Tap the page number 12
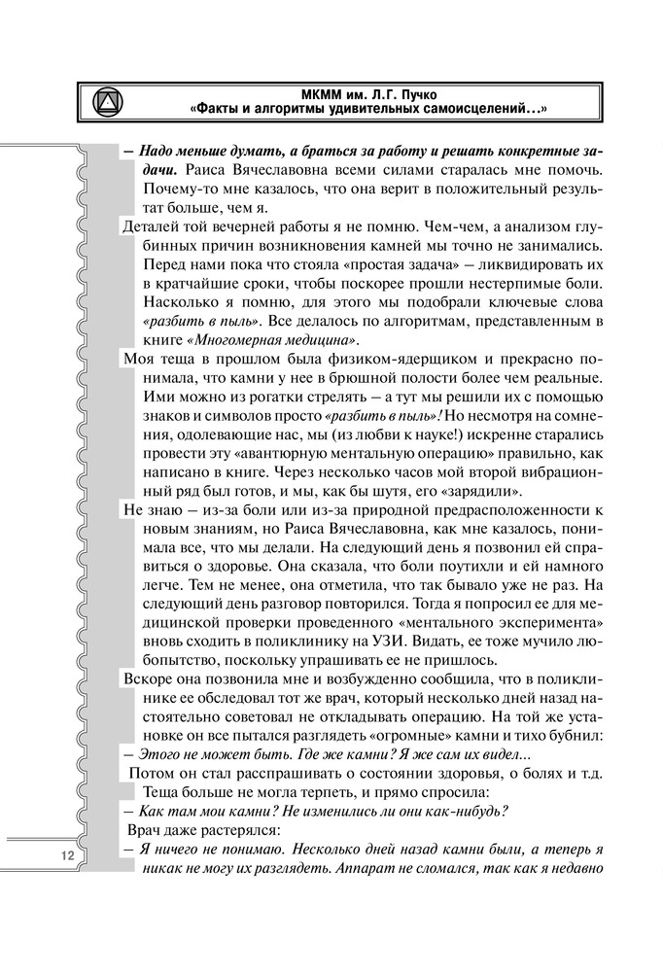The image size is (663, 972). tap(67, 855)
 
